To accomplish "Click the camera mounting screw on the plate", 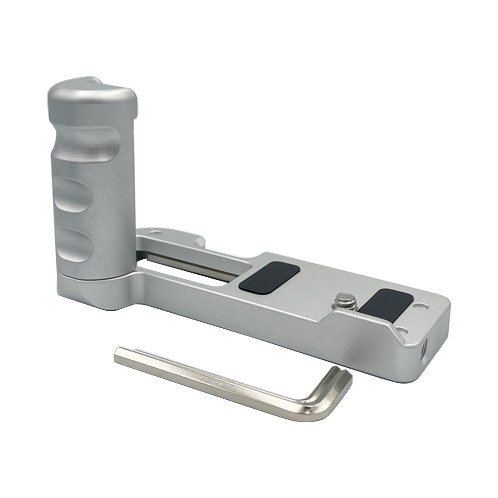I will [346, 302].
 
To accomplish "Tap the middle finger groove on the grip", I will [73, 195].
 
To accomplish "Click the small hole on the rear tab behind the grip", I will [156, 233].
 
